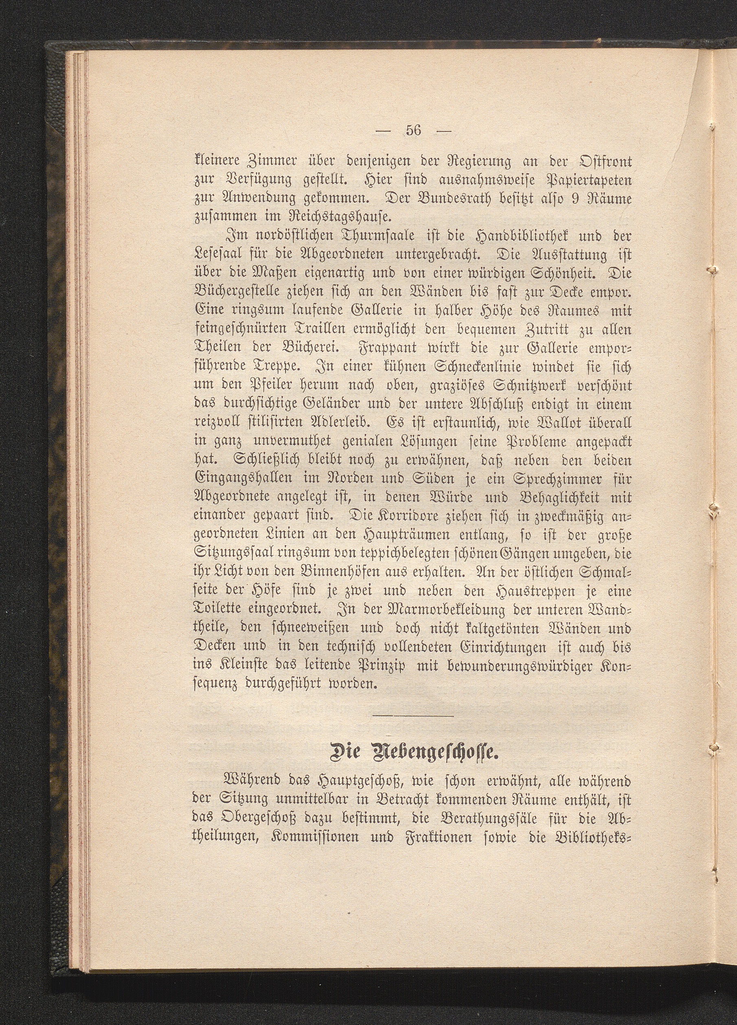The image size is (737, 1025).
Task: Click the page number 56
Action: click(413, 131)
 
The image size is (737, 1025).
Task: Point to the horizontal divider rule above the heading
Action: click(413, 716)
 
